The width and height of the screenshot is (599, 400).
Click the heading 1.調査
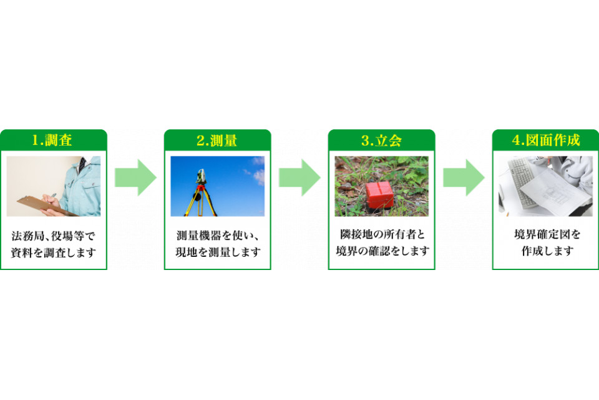[x=52, y=140]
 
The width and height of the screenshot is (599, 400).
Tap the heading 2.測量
[x=217, y=141]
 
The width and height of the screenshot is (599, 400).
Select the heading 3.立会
[x=381, y=141]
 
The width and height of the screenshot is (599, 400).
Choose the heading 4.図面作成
[x=546, y=140]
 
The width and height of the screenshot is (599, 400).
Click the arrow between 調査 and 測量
[x=135, y=177]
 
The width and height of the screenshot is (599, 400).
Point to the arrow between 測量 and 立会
[x=299, y=177]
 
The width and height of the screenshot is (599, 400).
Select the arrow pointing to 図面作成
[x=464, y=177]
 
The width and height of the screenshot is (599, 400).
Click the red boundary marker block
[x=379, y=196]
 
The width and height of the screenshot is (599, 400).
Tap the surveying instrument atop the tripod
[x=200, y=176]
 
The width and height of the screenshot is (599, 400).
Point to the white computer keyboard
[x=523, y=183]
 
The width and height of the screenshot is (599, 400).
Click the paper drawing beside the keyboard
[x=553, y=192]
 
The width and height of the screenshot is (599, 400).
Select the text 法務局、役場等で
[x=53, y=236]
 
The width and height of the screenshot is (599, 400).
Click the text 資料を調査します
[x=53, y=252]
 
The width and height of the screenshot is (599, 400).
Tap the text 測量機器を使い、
[x=217, y=236]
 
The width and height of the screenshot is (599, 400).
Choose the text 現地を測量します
[x=218, y=252]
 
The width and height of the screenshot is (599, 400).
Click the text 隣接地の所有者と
[x=382, y=234]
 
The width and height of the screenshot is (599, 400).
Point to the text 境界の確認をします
[x=382, y=251]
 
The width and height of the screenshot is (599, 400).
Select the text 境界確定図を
[x=547, y=234]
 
